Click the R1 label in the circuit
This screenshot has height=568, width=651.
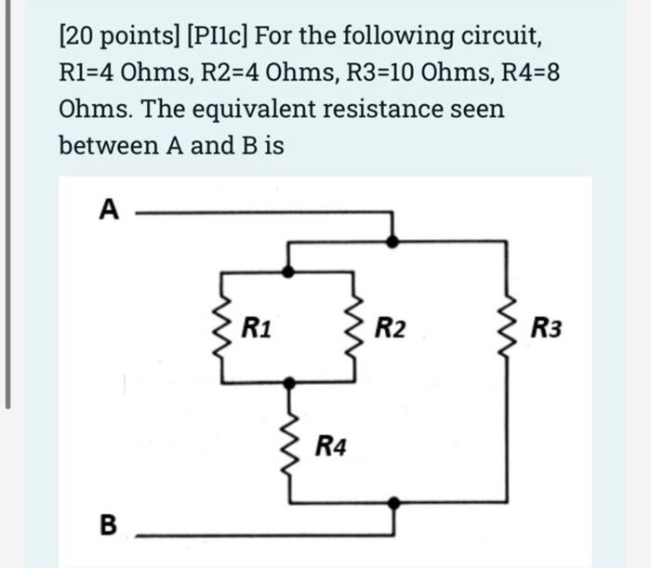[257, 327]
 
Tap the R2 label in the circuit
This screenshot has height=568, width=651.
[391, 327]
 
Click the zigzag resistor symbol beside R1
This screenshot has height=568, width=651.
[223, 327]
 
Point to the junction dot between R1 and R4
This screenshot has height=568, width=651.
[291, 382]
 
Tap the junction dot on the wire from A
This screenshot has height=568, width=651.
[394, 240]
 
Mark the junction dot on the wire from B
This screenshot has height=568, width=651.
[394, 503]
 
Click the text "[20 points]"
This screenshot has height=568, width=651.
[118, 36]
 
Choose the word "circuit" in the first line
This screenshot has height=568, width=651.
[495, 36]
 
